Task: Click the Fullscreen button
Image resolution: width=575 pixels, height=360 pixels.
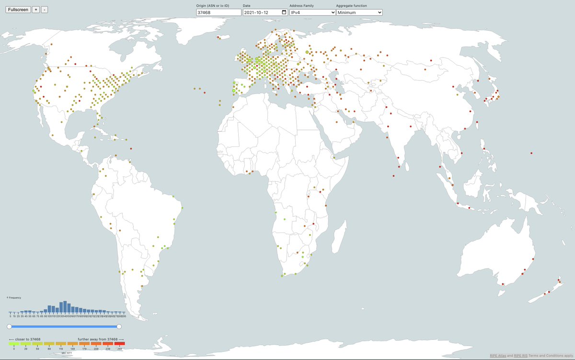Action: pyautogui.click(x=18, y=10)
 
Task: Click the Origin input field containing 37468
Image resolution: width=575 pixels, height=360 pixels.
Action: pyautogui.click(x=218, y=12)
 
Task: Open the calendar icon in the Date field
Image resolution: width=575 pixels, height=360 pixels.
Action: pyautogui.click(x=284, y=12)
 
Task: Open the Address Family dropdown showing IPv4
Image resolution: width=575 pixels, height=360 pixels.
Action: pyautogui.click(x=312, y=12)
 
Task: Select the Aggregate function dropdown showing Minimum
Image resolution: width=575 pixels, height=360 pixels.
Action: pyautogui.click(x=359, y=12)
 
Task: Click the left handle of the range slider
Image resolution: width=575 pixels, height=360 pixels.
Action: pyautogui.click(x=9, y=326)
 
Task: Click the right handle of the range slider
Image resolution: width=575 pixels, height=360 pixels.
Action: pyautogui.click(x=119, y=326)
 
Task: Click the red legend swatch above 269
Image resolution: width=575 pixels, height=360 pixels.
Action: pyautogui.click(x=120, y=343)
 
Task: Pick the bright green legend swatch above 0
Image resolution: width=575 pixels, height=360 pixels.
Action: pyautogui.click(x=14, y=343)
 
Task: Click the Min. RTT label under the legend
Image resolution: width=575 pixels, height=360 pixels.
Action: pyautogui.click(x=67, y=353)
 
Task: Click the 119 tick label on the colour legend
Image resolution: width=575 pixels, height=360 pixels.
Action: pyautogui.click(x=61, y=349)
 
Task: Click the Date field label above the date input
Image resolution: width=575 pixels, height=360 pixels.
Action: pyautogui.click(x=247, y=5)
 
